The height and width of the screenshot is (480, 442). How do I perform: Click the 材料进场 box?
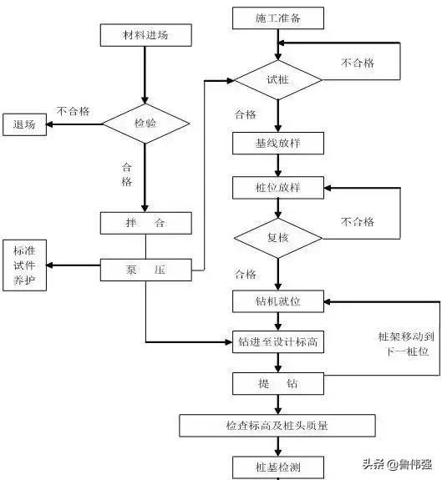click(x=145, y=35)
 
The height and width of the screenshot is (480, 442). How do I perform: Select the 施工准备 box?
click(x=277, y=18)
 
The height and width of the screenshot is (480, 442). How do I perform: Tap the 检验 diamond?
click(x=145, y=124)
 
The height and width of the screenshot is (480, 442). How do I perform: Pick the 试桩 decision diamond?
click(x=277, y=80)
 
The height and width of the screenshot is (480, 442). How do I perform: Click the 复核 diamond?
click(x=277, y=237)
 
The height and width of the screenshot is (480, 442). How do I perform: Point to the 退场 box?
click(x=24, y=124)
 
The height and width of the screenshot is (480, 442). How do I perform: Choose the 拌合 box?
click(x=145, y=224)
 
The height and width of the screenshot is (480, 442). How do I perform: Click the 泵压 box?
click(x=145, y=270)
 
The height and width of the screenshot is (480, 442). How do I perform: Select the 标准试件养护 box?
click(x=24, y=265)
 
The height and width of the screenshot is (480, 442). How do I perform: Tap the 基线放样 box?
click(x=277, y=143)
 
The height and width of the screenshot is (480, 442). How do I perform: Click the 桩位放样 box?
click(x=277, y=187)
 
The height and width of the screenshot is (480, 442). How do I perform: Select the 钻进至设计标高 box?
click(x=277, y=341)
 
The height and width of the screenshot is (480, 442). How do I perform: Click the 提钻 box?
click(x=277, y=383)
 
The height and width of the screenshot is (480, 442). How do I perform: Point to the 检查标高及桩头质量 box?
click(x=277, y=426)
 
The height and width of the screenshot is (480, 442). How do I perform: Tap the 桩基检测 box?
click(x=277, y=466)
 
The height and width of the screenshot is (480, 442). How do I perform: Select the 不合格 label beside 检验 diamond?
click(x=74, y=110)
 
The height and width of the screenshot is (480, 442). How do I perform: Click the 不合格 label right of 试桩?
click(x=358, y=63)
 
